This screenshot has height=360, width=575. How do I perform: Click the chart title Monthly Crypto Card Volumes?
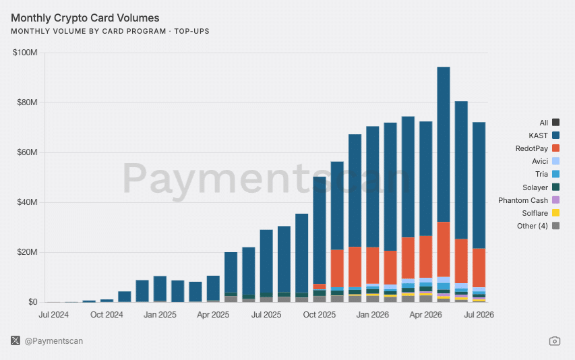(x=85, y=18)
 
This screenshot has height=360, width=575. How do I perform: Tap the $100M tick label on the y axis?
(x=25, y=53)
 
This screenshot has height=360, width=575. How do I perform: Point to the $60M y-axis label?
(x=27, y=152)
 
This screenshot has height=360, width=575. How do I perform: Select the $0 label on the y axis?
(x=33, y=302)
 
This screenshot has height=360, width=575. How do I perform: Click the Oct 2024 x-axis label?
(x=107, y=315)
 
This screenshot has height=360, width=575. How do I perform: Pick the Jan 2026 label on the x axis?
(x=373, y=315)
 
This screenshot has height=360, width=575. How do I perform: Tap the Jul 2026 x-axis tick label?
(x=479, y=315)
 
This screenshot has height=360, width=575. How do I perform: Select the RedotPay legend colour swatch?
(x=556, y=148)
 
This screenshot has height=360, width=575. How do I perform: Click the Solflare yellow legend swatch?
(x=556, y=213)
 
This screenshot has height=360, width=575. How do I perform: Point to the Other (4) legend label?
(x=533, y=226)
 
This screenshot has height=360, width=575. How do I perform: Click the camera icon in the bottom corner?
(x=555, y=341)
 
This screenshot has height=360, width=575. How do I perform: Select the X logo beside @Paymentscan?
(x=16, y=340)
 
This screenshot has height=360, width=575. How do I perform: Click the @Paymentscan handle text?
(x=54, y=341)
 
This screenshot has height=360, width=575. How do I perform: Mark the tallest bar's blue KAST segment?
(x=444, y=144)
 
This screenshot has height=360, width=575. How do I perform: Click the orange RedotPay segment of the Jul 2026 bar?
(x=479, y=268)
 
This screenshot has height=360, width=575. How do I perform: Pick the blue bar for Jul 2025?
(x=266, y=262)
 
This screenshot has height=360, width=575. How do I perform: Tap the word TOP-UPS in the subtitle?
(x=192, y=31)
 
